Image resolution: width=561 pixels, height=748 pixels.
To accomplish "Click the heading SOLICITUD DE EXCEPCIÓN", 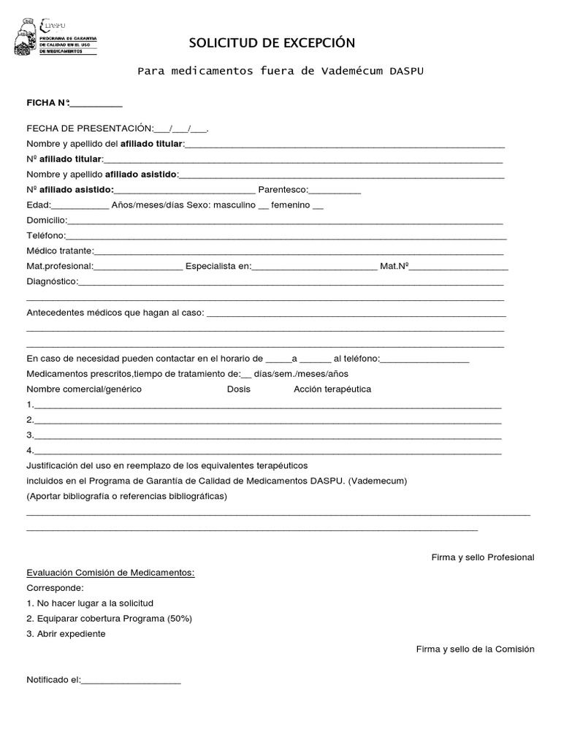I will (272, 43).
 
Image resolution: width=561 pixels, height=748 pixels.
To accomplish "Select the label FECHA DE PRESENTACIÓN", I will (90, 129).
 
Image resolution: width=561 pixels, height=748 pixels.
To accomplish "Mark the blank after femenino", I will (317, 205).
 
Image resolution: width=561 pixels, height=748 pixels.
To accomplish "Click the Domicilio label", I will (47, 220).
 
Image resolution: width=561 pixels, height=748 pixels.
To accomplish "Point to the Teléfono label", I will (46, 235).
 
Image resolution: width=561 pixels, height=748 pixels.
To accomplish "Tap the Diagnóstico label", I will (52, 281).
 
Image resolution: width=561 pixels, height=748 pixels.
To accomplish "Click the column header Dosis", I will (239, 389).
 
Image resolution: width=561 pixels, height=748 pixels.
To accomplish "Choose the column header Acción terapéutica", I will (332, 389).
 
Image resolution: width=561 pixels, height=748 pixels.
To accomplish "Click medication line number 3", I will (267, 436).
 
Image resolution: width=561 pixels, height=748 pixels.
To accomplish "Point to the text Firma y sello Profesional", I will (483, 557).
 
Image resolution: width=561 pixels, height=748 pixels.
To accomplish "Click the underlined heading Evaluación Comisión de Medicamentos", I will (111, 573).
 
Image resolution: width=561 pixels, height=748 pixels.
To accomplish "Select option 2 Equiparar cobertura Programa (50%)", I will (110, 619).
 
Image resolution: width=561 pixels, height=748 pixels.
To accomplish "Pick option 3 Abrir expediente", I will (66, 634).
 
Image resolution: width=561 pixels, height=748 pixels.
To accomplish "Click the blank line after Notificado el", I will (131, 680).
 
